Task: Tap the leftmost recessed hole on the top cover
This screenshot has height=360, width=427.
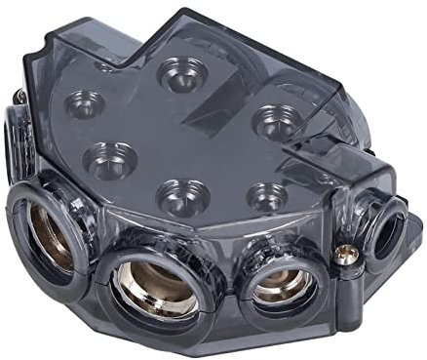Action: [x=82, y=102]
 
